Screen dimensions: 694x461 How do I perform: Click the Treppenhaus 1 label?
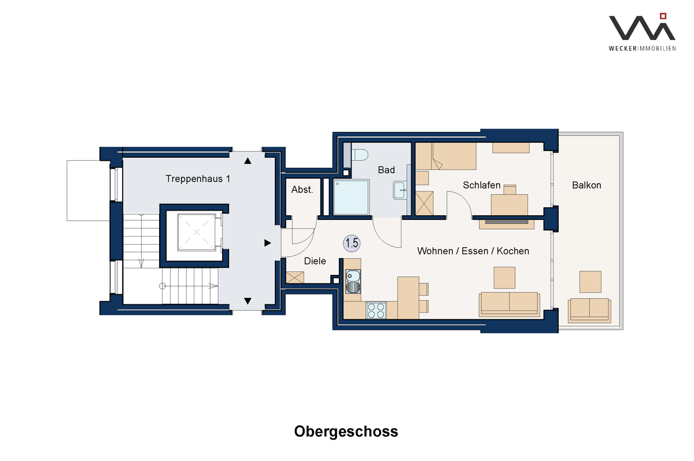click(x=198, y=179)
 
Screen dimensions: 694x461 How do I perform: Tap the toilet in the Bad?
click(x=360, y=154)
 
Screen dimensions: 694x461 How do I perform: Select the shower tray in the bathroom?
click(x=351, y=197)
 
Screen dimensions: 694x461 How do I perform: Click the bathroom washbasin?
click(x=400, y=190)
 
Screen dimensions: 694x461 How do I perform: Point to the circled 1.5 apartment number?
click(x=352, y=243)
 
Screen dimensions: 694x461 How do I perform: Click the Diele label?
click(x=315, y=261)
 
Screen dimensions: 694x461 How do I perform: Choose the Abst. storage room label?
click(x=302, y=190)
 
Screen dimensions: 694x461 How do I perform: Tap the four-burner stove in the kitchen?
click(x=376, y=311)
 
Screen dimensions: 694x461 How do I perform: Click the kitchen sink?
click(x=353, y=281)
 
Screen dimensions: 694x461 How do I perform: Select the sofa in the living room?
click(x=510, y=304)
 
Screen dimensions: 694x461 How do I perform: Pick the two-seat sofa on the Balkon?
click(x=589, y=311)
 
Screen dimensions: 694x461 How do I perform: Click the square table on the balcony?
click(x=590, y=282)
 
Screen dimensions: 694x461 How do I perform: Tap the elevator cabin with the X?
click(x=197, y=233)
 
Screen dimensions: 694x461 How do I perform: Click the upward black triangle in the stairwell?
click(x=248, y=161)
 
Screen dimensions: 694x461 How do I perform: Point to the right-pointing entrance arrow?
click(x=268, y=243)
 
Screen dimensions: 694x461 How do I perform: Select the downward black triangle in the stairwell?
click(x=248, y=301)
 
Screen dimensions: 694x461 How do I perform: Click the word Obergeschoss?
click(x=346, y=432)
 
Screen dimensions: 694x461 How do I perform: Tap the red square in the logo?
click(x=663, y=16)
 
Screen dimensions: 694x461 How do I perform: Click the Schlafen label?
click(x=481, y=185)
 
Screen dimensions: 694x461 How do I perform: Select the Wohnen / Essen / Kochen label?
click(x=473, y=251)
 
